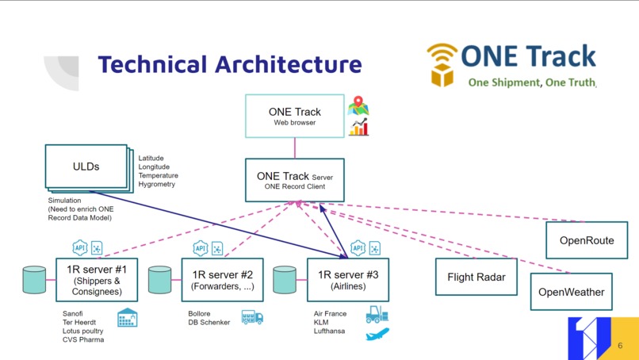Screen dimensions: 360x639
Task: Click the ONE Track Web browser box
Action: pyautogui.click(x=295, y=116)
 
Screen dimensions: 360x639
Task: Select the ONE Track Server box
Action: pyautogui.click(x=294, y=179)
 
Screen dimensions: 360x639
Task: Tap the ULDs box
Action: pyautogui.click(x=86, y=166)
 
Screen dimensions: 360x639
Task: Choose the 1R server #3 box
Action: pyautogui.click(x=347, y=279)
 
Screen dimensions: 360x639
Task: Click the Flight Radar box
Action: pyautogui.click(x=476, y=277)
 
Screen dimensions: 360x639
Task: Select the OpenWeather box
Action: pyautogui.click(x=571, y=292)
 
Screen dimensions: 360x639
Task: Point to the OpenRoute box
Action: pyautogui.click(x=586, y=240)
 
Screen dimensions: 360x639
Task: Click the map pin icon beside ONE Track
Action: pyautogui.click(x=359, y=105)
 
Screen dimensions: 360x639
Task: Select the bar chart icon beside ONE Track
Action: pyautogui.click(x=359, y=127)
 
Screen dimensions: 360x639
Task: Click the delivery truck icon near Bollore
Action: pyautogui.click(x=252, y=317)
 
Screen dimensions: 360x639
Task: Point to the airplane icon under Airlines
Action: pyautogui.click(x=377, y=335)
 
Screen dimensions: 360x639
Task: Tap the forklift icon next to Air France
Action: pyautogui.click(x=377, y=315)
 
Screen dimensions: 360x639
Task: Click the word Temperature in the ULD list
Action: pyautogui.click(x=158, y=175)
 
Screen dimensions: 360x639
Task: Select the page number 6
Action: pyautogui.click(x=620, y=346)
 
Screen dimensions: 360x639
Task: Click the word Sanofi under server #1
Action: pyautogui.click(x=73, y=313)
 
